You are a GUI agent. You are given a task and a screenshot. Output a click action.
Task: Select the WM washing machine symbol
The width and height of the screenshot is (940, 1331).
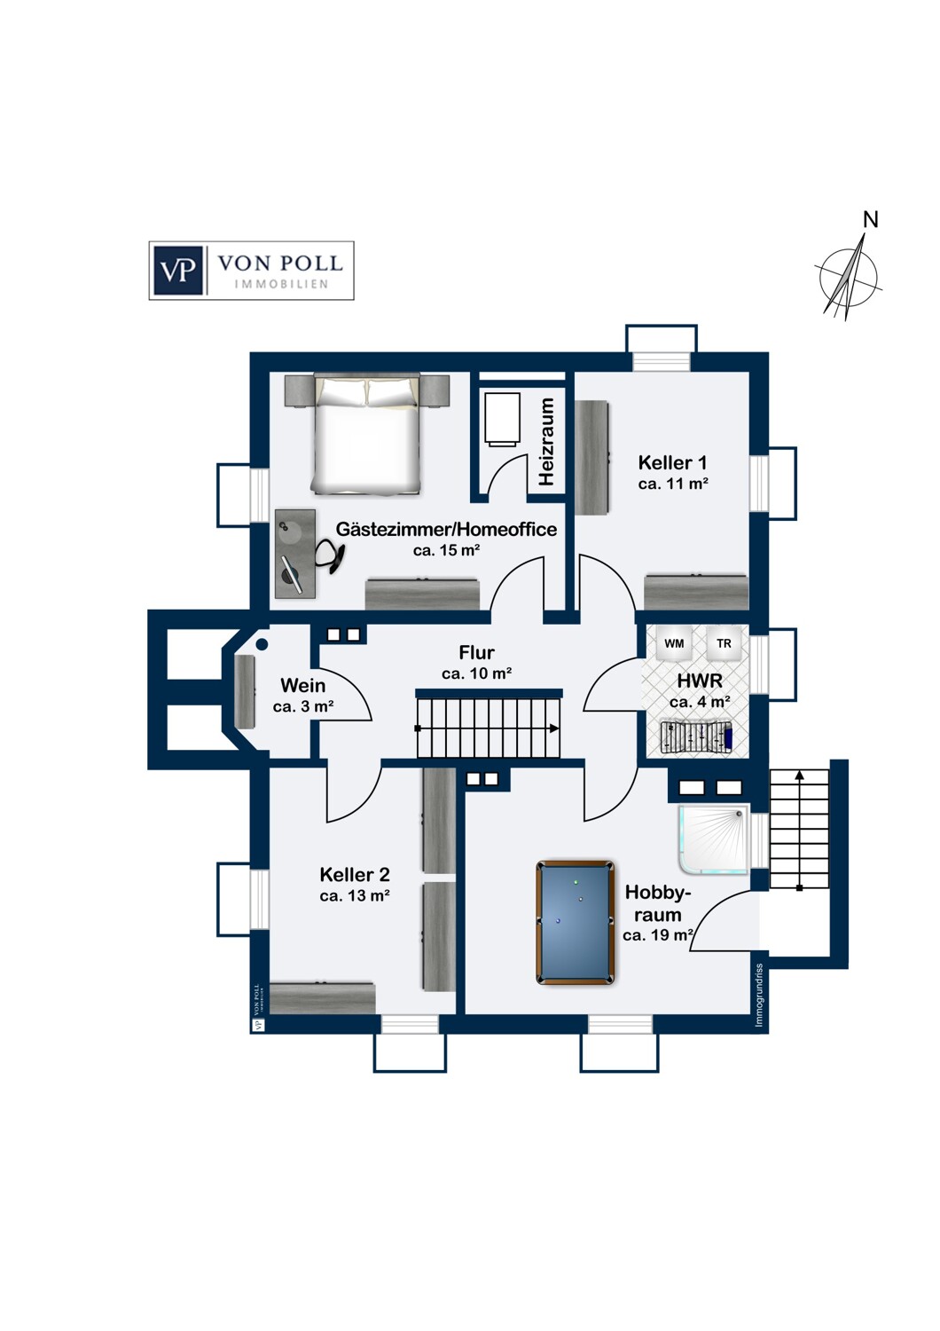coord(674,643)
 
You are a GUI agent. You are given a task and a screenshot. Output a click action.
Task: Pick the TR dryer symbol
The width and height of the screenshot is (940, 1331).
coord(724,643)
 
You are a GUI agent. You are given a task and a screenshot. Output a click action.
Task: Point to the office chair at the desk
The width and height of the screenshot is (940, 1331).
coord(330,555)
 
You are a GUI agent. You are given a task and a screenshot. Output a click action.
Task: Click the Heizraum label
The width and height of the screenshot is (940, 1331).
coord(545,442)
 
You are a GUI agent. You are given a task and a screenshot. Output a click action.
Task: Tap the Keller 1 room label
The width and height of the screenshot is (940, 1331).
coord(673,462)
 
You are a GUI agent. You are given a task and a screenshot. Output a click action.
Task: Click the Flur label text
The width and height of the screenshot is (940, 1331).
coord(476,652)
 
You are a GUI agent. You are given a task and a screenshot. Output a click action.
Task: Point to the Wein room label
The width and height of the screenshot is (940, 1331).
coord(303,685)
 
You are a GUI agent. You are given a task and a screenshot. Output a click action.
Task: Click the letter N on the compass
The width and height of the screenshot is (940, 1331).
coord(870,220)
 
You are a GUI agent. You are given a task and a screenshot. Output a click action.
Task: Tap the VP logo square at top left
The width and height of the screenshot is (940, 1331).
coord(178,271)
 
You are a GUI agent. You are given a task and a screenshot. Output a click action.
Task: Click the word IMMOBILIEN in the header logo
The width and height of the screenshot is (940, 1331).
coord(281,284)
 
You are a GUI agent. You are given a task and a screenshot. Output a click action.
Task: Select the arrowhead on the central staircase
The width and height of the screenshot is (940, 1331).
coord(554,729)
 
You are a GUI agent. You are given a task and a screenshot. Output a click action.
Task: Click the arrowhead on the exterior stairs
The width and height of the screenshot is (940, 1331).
coord(799,775)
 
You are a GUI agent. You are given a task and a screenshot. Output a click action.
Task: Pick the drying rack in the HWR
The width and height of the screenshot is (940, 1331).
coord(696,737)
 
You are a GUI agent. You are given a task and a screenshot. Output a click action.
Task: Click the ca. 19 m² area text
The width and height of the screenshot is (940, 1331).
coord(659,934)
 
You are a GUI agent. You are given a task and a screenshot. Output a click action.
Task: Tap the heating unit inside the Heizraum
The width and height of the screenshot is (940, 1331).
coord(500,418)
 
